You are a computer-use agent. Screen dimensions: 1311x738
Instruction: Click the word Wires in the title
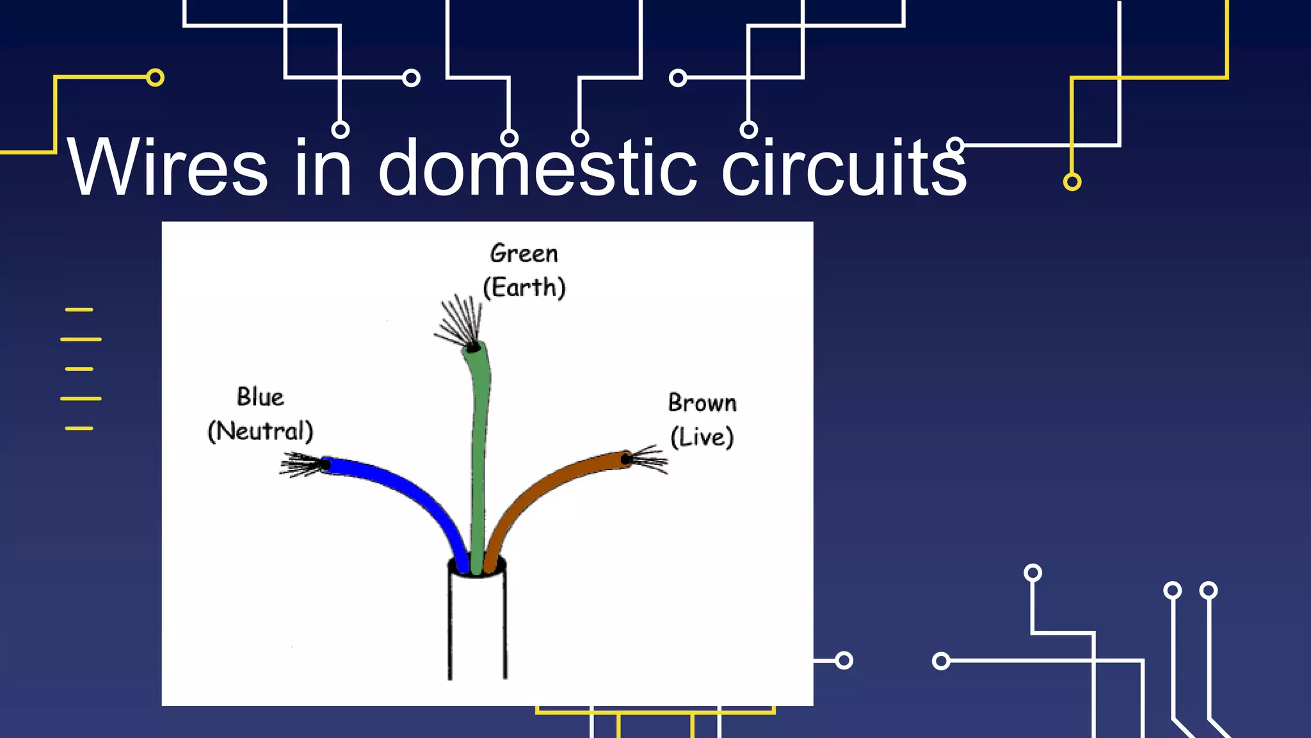click(168, 168)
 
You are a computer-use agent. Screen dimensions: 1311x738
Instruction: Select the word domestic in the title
click(536, 168)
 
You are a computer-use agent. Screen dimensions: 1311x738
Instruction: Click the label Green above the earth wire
click(524, 254)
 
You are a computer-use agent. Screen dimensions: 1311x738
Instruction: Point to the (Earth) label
click(524, 288)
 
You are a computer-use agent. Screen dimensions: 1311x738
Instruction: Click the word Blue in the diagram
click(260, 397)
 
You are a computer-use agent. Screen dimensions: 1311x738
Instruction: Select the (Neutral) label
click(260, 431)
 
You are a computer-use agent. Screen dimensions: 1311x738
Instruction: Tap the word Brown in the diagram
click(702, 404)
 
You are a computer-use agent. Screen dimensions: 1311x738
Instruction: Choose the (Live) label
click(702, 438)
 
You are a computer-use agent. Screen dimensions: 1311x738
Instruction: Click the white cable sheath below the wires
click(478, 628)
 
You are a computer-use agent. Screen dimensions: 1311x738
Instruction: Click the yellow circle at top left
click(155, 78)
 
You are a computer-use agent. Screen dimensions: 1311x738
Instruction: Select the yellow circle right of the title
click(1072, 182)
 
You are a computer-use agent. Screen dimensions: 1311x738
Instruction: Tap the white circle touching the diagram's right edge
click(844, 660)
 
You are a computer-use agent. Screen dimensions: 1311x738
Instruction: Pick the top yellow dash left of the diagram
click(79, 309)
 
